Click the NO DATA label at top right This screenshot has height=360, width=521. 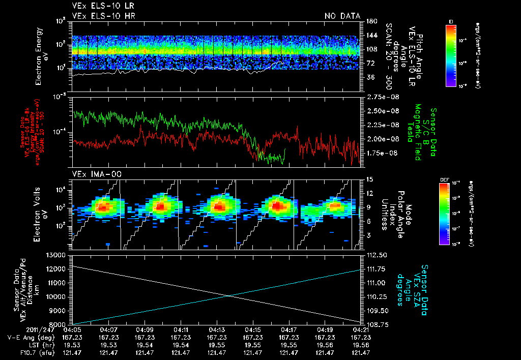tap(342, 16)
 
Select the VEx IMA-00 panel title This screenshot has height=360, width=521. tap(92, 174)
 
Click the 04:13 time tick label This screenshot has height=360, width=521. tap(217, 330)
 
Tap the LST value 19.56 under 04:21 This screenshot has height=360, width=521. tap(360, 345)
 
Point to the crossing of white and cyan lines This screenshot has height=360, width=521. tap(228, 295)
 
